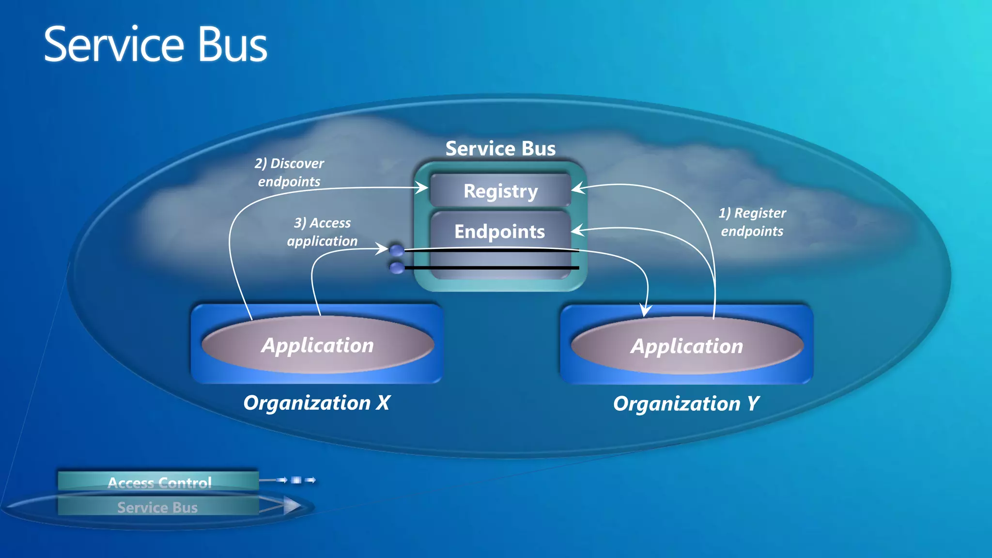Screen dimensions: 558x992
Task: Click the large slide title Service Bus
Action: pos(155,45)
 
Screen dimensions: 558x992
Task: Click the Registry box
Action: pos(500,191)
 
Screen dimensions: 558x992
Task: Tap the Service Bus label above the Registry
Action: pos(500,148)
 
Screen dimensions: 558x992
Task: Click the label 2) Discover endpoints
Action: pos(289,172)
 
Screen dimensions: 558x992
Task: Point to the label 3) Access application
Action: pos(322,232)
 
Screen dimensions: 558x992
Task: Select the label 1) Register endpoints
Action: pos(752,222)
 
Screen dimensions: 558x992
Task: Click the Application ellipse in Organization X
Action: pos(317,345)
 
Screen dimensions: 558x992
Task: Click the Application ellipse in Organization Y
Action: pos(686,346)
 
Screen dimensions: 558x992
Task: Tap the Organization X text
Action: pos(316,403)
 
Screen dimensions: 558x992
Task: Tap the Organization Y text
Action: pos(686,403)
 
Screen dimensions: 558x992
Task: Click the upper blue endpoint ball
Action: pos(397,250)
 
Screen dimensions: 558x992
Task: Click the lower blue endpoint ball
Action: pos(397,268)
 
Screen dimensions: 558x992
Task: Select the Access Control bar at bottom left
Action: pos(158,481)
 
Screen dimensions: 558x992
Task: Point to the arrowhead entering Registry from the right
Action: pos(578,188)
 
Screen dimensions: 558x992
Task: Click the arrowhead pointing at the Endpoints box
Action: pos(577,231)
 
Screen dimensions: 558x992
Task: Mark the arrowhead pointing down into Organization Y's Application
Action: pos(645,310)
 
